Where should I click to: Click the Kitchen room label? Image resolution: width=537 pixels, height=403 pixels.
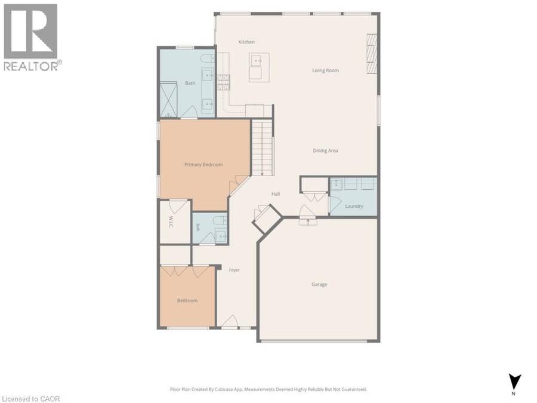click(246, 42)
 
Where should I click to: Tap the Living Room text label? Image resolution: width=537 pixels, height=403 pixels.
click(325, 70)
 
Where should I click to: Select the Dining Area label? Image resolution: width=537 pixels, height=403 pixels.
click(325, 150)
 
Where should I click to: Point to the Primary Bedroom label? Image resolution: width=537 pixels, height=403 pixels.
click(203, 165)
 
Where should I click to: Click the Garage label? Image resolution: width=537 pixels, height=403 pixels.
click(319, 284)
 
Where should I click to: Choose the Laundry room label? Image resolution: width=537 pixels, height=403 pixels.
click(354, 206)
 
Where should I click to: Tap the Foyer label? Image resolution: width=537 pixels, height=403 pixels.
click(234, 270)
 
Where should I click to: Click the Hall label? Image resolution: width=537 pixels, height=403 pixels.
click(276, 194)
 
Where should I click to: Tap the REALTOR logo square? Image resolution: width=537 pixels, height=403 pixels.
click(30, 31)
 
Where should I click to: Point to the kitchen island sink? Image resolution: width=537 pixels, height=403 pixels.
click(257, 61)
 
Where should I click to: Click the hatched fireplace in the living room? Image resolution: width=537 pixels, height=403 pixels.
click(372, 54)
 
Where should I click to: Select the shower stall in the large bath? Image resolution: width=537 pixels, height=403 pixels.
click(168, 100)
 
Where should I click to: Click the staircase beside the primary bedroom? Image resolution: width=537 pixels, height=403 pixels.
click(263, 147)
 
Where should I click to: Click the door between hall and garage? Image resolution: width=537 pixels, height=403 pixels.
click(308, 214)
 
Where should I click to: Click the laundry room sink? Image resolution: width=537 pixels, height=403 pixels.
click(337, 184)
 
